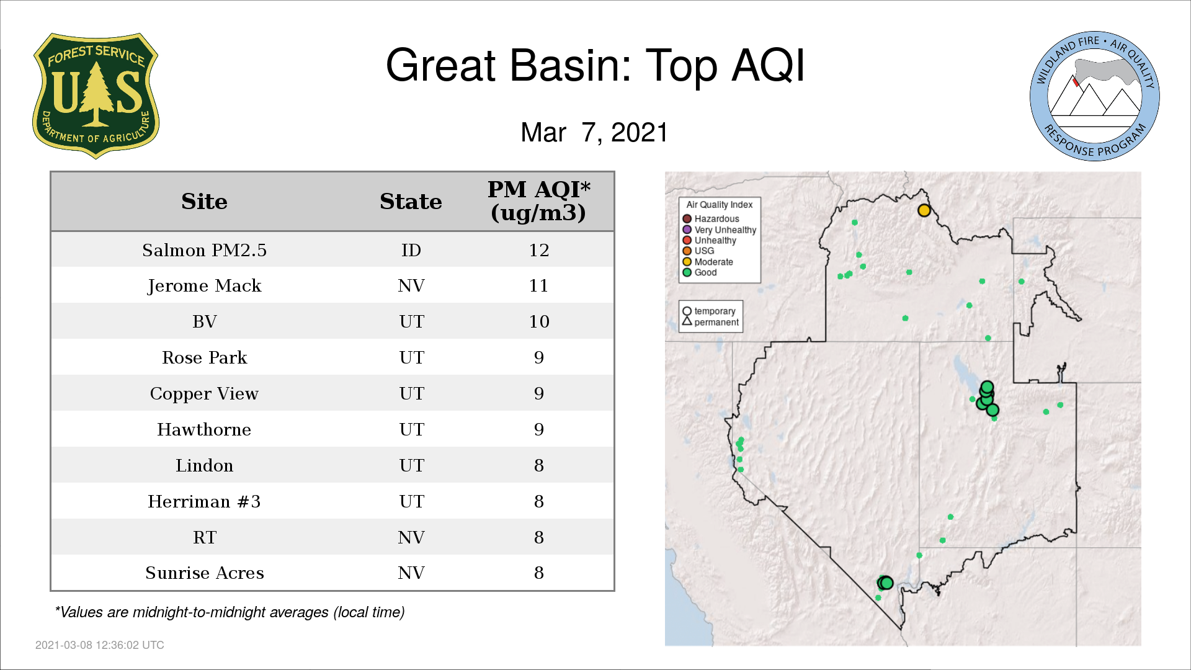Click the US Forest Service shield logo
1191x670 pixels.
click(96, 96)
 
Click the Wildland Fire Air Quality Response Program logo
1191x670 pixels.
click(1095, 96)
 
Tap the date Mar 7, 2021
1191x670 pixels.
click(594, 132)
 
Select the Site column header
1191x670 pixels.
click(204, 201)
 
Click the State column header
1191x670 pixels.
click(411, 201)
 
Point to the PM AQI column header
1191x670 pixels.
click(538, 201)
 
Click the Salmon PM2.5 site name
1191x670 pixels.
click(204, 250)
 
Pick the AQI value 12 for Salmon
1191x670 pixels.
click(538, 250)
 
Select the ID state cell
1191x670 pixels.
click(411, 250)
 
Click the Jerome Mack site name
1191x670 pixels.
click(204, 286)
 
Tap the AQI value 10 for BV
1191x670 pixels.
click(538, 321)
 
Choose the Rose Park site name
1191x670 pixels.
click(204, 357)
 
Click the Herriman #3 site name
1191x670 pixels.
click(204, 501)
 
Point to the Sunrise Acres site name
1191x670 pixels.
click(204, 573)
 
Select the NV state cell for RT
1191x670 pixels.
click(411, 537)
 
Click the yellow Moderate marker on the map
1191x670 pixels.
click(924, 210)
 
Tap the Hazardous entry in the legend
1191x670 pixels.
click(711, 219)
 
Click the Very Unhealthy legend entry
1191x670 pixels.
click(720, 230)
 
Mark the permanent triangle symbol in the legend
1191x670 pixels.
click(687, 321)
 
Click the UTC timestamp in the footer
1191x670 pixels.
click(100, 645)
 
